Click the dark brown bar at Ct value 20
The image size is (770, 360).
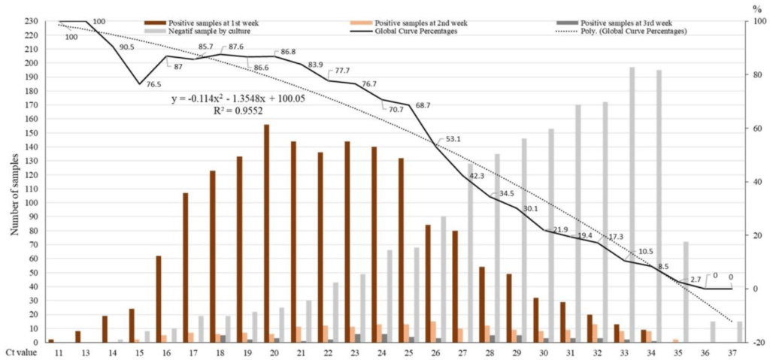(x=266, y=233)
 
